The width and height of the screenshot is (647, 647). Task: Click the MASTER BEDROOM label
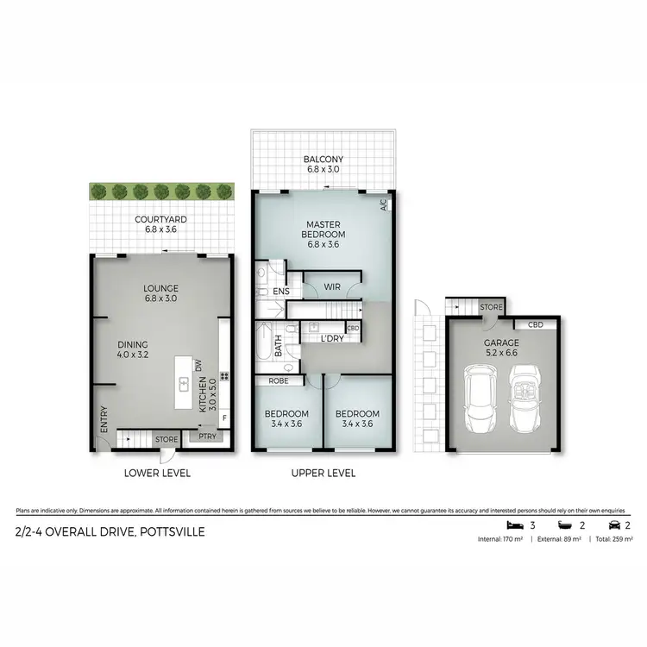coord(323,228)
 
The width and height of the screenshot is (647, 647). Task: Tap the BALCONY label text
coord(323,160)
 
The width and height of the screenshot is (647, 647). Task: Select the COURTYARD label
coord(161,219)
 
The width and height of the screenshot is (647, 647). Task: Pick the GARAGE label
coord(501,342)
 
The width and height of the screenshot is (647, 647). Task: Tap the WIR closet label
coord(332,286)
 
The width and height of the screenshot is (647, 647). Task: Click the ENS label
coord(281,292)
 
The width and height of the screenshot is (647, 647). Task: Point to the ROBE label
coord(278,380)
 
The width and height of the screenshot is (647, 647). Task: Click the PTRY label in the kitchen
coord(208,437)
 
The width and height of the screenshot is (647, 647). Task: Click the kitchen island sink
coord(184,382)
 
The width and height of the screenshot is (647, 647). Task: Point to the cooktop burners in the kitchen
coord(223,376)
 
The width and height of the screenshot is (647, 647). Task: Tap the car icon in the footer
coord(612,525)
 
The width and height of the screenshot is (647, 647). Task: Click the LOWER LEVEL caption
coord(157,473)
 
